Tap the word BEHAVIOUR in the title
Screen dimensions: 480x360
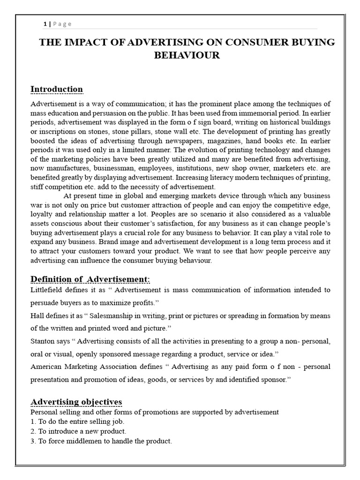tap(187, 55)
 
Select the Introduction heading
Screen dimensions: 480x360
tap(56, 89)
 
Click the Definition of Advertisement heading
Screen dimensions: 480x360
tap(90, 279)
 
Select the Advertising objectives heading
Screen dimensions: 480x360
tap(76, 402)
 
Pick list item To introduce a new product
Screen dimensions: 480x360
tap(82, 431)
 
